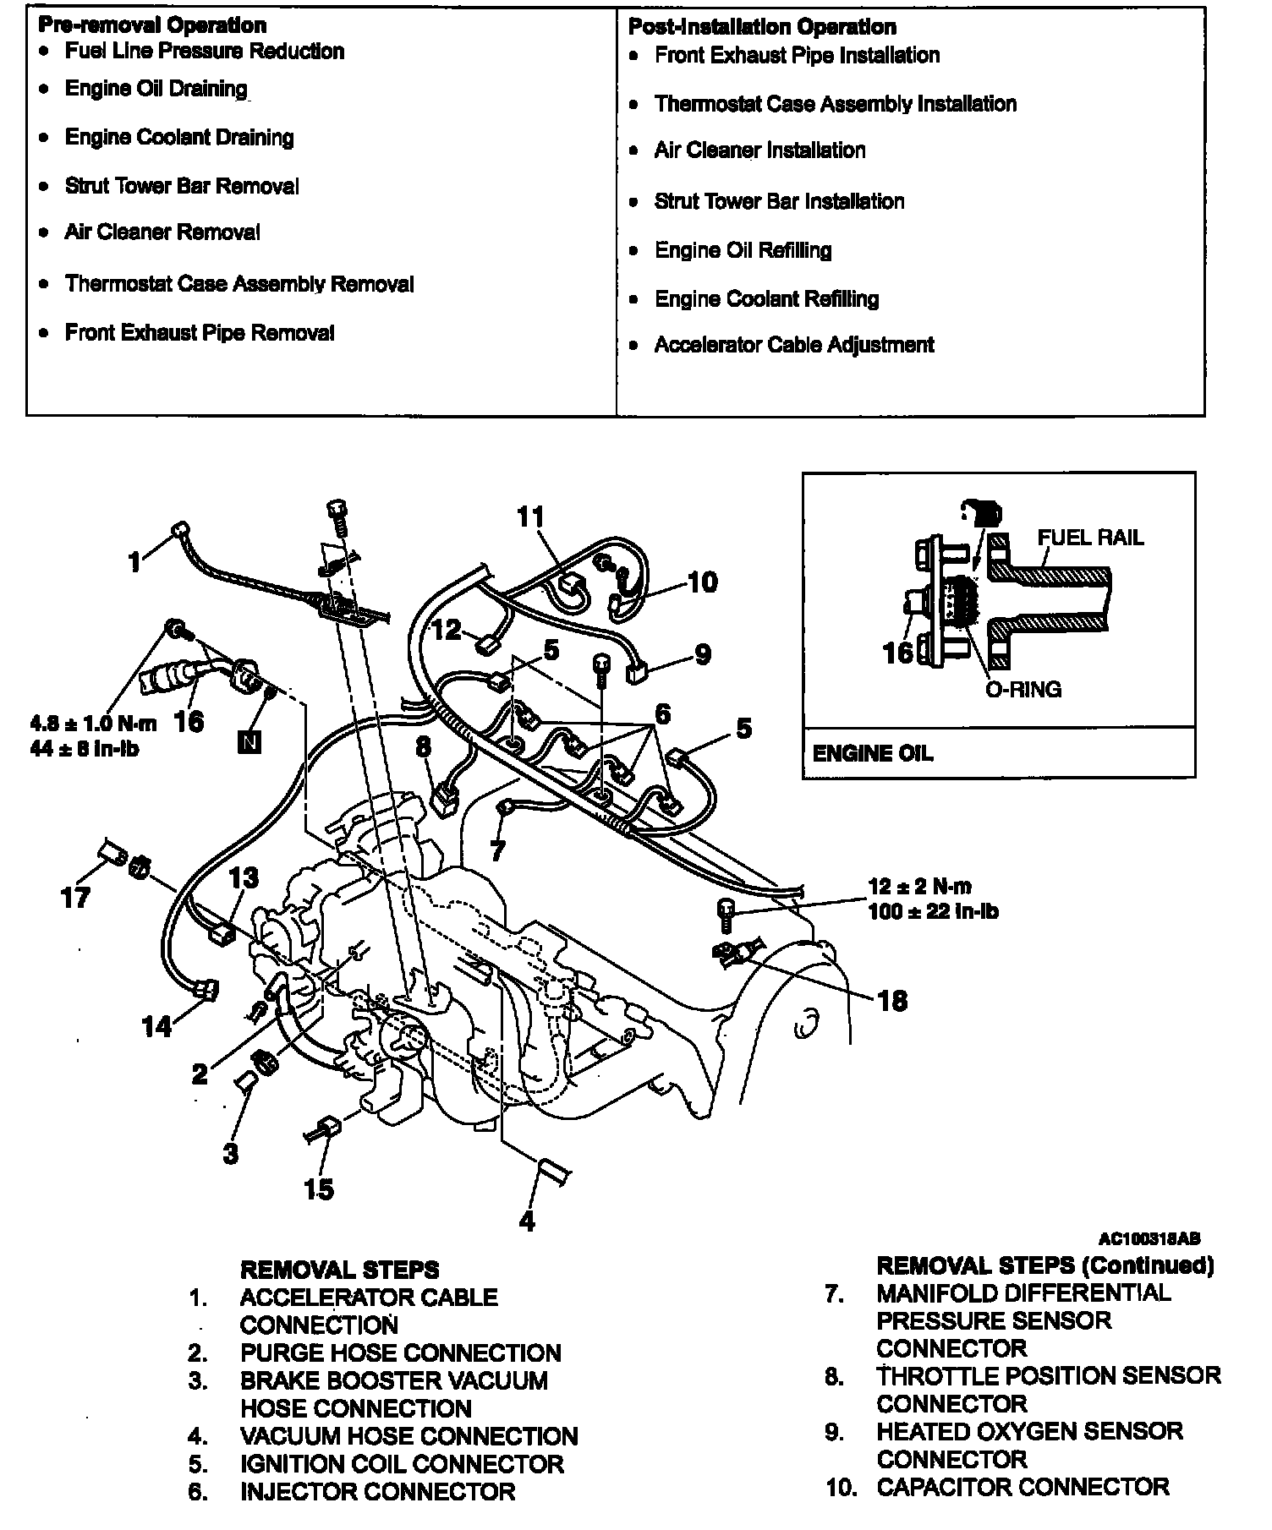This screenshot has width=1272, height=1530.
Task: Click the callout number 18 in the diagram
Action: click(892, 1001)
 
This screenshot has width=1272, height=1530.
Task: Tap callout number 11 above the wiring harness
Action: click(530, 516)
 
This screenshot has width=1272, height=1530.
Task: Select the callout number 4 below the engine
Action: click(527, 1221)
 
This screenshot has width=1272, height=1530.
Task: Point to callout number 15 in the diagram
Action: click(320, 1188)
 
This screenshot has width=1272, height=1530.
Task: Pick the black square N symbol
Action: click(249, 743)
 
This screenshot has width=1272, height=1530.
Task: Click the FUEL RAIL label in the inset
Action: click(1090, 538)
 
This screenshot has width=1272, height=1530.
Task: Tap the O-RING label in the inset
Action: click(1023, 689)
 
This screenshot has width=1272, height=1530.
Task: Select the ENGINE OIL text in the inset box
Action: click(872, 753)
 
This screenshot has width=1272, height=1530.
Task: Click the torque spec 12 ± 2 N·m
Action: click(920, 887)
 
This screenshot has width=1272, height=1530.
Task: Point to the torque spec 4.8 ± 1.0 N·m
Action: click(94, 724)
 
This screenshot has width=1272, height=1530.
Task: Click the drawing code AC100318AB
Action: click(1149, 1239)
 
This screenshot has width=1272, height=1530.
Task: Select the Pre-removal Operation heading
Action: click(152, 25)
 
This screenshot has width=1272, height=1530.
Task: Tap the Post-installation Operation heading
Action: click(762, 27)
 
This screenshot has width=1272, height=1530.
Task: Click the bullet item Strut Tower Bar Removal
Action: click(182, 186)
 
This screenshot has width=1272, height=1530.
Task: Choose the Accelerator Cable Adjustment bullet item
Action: click(794, 345)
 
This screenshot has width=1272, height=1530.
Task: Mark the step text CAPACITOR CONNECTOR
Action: click(1023, 1486)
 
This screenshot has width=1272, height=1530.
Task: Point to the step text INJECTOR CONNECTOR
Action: click(377, 1491)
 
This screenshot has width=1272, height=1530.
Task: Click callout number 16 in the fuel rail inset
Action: click(898, 652)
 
